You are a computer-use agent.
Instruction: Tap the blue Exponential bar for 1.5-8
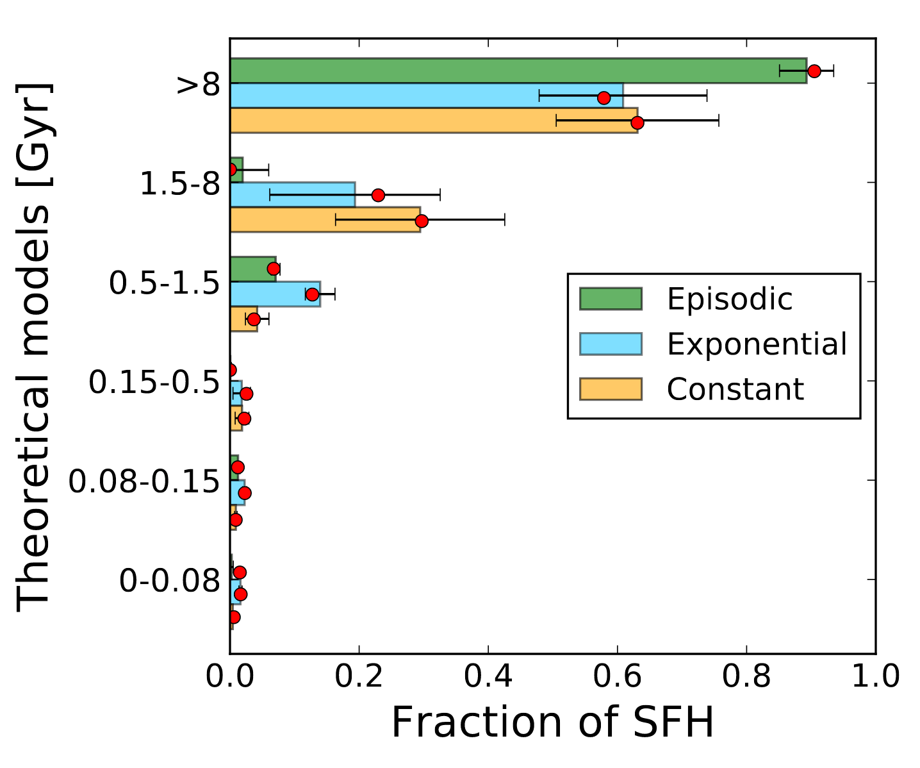[292, 195]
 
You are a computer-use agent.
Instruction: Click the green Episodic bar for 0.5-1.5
[252, 269]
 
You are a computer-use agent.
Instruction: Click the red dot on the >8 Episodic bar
[814, 71]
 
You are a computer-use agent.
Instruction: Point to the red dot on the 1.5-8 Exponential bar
[378, 195]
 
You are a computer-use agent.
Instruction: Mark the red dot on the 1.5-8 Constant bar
[422, 221]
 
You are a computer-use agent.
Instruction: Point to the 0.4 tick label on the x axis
[488, 678]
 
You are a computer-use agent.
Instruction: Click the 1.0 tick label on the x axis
[875, 678]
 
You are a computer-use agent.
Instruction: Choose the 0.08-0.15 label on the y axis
[144, 481]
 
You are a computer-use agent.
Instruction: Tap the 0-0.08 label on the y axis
[170, 581]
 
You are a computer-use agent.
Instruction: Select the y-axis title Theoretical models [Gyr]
[33, 346]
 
